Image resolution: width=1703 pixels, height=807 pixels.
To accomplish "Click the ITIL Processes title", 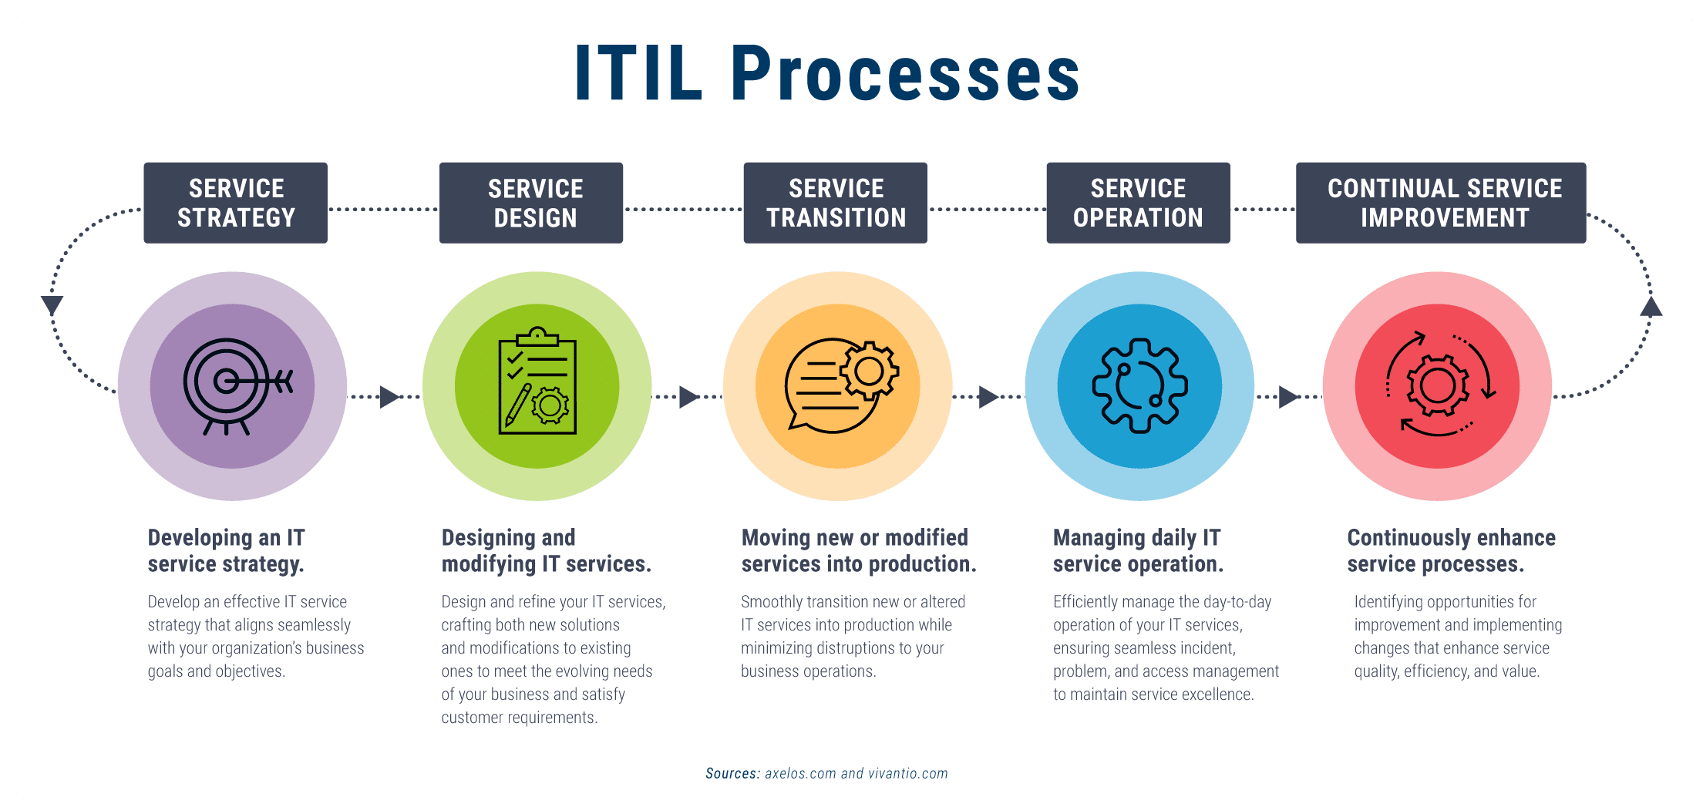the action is [x=827, y=73].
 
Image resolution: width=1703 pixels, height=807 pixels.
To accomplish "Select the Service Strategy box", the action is [x=236, y=203].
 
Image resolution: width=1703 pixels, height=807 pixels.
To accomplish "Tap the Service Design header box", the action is [x=531, y=203].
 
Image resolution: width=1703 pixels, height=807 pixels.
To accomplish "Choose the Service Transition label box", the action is [x=836, y=203].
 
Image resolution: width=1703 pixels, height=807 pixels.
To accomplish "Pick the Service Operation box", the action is [x=1138, y=203].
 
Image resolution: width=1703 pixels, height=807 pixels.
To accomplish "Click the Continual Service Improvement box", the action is [x=1441, y=203].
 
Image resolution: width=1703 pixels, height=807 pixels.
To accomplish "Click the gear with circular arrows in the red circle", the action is [x=1439, y=385].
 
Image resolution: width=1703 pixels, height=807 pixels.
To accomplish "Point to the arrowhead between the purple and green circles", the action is [x=390, y=397].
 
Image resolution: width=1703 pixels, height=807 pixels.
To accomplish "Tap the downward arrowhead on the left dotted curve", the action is [x=52, y=305].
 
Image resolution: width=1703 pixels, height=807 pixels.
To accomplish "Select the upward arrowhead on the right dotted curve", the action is [x=1651, y=307].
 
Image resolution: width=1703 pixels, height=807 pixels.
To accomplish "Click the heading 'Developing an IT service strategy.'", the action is [x=227, y=550].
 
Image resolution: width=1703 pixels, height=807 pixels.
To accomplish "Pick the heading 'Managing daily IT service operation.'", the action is [x=1138, y=550].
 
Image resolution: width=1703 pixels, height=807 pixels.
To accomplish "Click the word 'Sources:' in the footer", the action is [x=733, y=773].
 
